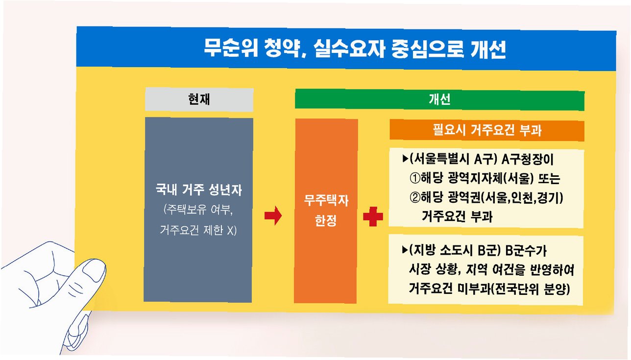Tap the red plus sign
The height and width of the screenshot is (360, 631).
tap(373, 216)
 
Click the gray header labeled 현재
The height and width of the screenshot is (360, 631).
tap(199, 100)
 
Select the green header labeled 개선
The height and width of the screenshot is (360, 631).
tap(439, 100)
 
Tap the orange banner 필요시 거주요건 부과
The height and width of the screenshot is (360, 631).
tap(487, 131)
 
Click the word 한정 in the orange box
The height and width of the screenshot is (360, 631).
tap(325, 220)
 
